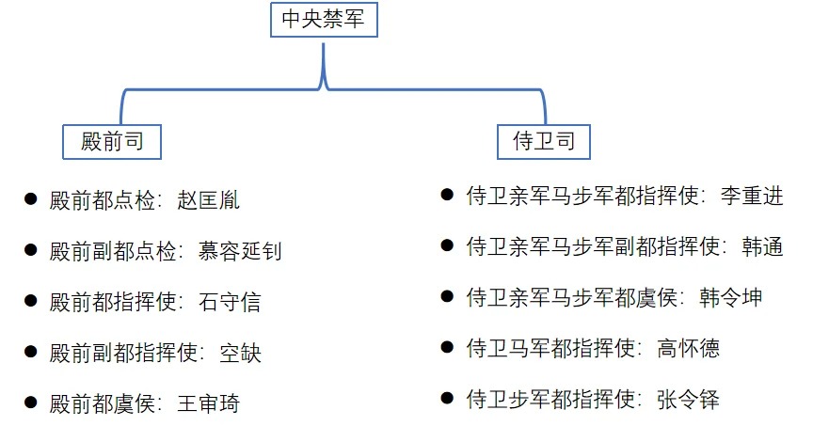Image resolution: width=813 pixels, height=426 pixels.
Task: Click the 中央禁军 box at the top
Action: click(324, 19)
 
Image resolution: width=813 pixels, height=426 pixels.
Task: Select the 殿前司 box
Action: click(111, 142)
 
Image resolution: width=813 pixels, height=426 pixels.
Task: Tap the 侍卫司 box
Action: click(544, 142)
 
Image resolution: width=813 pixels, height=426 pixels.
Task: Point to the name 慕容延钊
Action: click(239, 251)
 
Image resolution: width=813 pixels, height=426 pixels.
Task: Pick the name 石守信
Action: click(231, 302)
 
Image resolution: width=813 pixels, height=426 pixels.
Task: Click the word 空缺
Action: click(240, 353)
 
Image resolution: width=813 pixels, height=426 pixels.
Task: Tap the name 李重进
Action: click(751, 197)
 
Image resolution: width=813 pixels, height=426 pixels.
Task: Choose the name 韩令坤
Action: click(730, 298)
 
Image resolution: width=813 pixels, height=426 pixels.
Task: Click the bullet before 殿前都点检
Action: click(30, 200)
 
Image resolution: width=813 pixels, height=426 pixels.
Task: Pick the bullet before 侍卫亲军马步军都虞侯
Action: click(447, 297)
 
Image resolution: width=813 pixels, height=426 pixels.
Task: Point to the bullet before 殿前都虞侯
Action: click(30, 403)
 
